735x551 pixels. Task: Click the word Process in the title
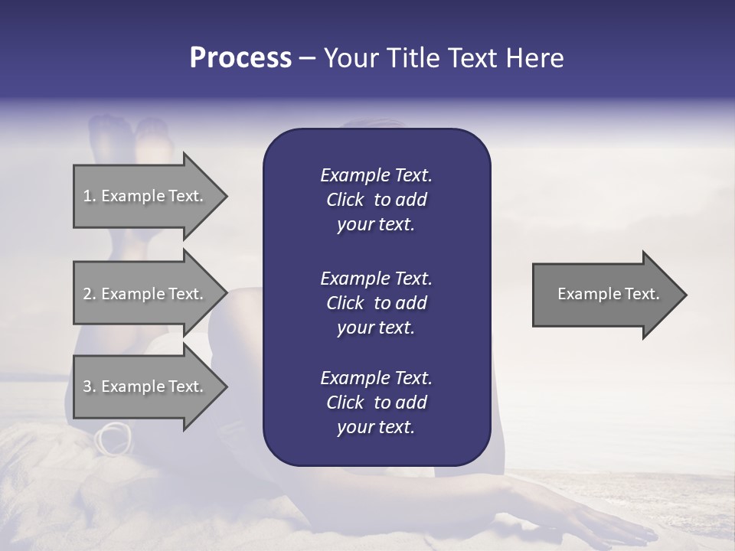pos(240,58)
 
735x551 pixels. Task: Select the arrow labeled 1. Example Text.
pos(145,196)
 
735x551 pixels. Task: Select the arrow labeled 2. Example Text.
pos(145,294)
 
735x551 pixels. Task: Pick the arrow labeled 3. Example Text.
pos(145,386)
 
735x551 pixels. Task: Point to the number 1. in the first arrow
pos(90,196)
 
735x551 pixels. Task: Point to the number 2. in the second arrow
pos(90,294)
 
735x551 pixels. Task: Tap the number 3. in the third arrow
pos(90,386)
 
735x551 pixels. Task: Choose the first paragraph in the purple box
pos(376,200)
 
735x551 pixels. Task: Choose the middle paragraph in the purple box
pos(376,302)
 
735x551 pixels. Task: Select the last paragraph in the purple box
pos(376,403)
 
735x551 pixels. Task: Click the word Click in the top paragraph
pos(345,200)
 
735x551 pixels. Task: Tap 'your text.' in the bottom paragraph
pos(376,427)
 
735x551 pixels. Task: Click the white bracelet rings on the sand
pos(113,437)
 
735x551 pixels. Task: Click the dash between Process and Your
pos(307,58)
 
